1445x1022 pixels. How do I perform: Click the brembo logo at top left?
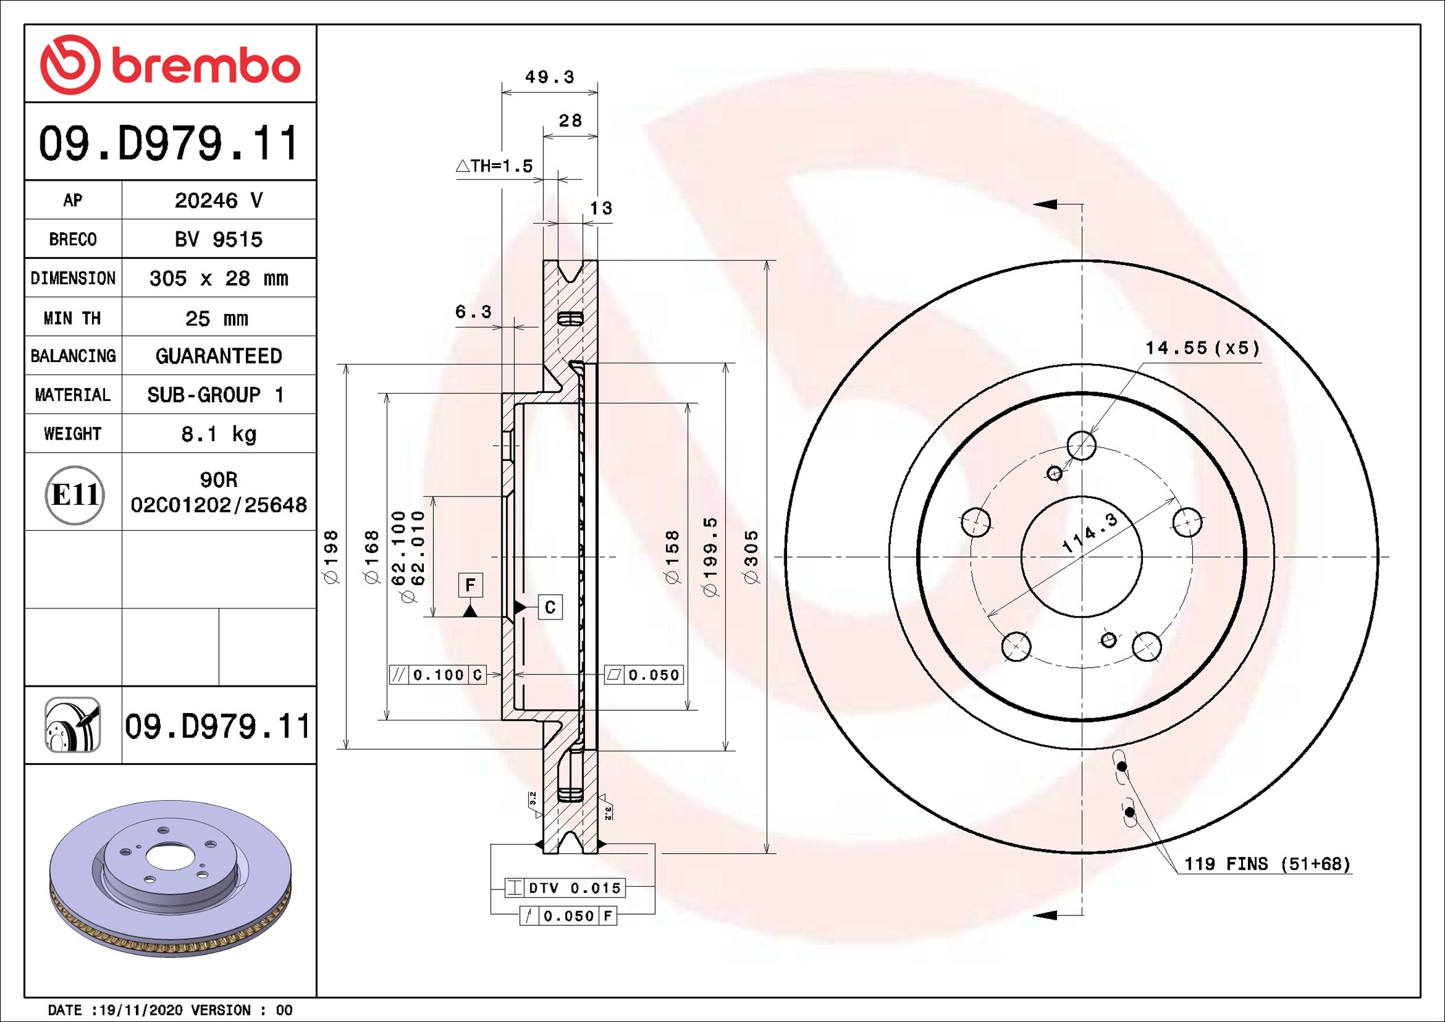(x=170, y=65)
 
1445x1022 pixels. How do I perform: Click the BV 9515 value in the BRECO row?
(x=218, y=239)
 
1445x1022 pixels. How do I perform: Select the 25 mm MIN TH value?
(x=216, y=318)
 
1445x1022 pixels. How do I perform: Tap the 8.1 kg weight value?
(x=218, y=434)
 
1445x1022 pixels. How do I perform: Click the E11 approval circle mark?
(x=74, y=495)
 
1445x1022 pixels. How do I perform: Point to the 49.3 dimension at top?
(x=549, y=77)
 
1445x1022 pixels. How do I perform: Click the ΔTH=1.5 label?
(x=494, y=166)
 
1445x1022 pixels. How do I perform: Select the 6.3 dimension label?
(x=473, y=312)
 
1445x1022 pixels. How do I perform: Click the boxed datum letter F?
(x=470, y=585)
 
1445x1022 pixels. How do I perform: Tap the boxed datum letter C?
(x=550, y=607)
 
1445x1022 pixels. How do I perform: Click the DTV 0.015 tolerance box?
(x=565, y=888)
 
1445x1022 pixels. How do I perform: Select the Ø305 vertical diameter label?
(x=751, y=556)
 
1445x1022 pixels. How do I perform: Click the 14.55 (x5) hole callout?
(x=1202, y=348)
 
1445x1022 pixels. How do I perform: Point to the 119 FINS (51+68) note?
(x=1267, y=864)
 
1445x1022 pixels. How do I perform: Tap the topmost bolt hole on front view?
(x=1082, y=446)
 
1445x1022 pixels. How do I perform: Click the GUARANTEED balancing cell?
(x=218, y=356)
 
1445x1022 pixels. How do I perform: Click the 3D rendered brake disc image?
(x=170, y=878)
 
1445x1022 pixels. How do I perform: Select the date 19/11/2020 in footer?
(x=141, y=1010)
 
